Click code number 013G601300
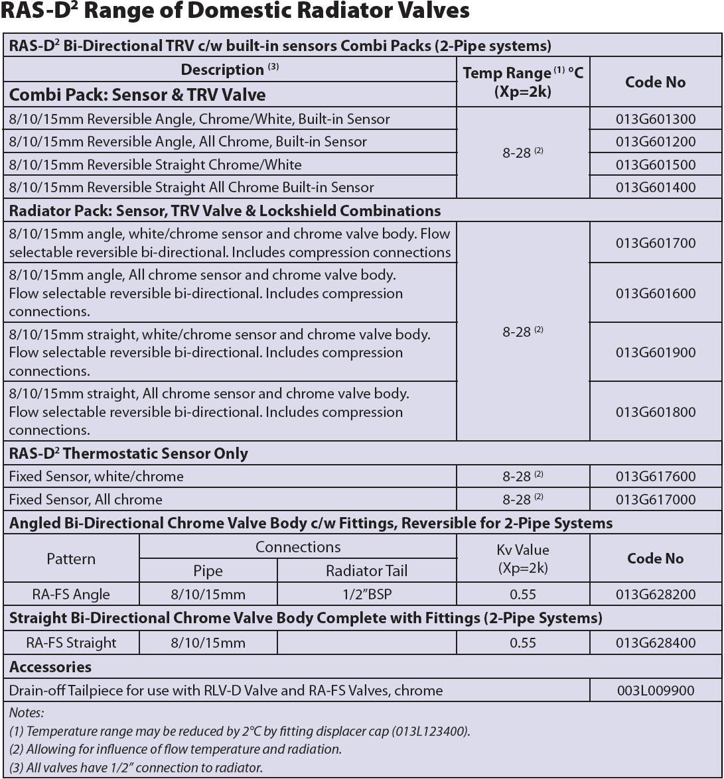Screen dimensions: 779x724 pyautogui.click(x=655, y=119)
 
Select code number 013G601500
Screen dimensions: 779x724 pyautogui.click(x=655, y=164)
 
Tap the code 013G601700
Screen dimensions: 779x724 pyautogui.click(x=655, y=243)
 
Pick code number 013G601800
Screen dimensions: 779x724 pyautogui.click(x=655, y=412)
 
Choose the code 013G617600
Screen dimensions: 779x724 pyautogui.click(x=655, y=476)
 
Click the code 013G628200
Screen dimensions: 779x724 pyautogui.click(x=655, y=594)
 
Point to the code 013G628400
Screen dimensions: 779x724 pyautogui.click(x=655, y=642)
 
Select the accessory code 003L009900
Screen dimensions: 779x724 pyautogui.click(x=655, y=690)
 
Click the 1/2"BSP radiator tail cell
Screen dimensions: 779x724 pyautogui.click(x=366, y=594)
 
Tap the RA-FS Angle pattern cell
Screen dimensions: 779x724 pyautogui.click(x=71, y=594)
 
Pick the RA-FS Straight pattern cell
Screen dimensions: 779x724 pyautogui.click(x=71, y=642)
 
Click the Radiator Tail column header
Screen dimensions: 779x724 pyautogui.click(x=366, y=571)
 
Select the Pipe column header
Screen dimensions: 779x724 pyautogui.click(x=208, y=571)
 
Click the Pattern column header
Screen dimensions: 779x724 pyautogui.click(x=71, y=559)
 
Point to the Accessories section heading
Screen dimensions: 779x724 pyautogui.click(x=50, y=667)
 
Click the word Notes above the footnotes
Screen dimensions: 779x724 pyautogui.click(x=27, y=713)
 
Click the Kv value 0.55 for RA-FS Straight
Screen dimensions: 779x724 pyautogui.click(x=522, y=642)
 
